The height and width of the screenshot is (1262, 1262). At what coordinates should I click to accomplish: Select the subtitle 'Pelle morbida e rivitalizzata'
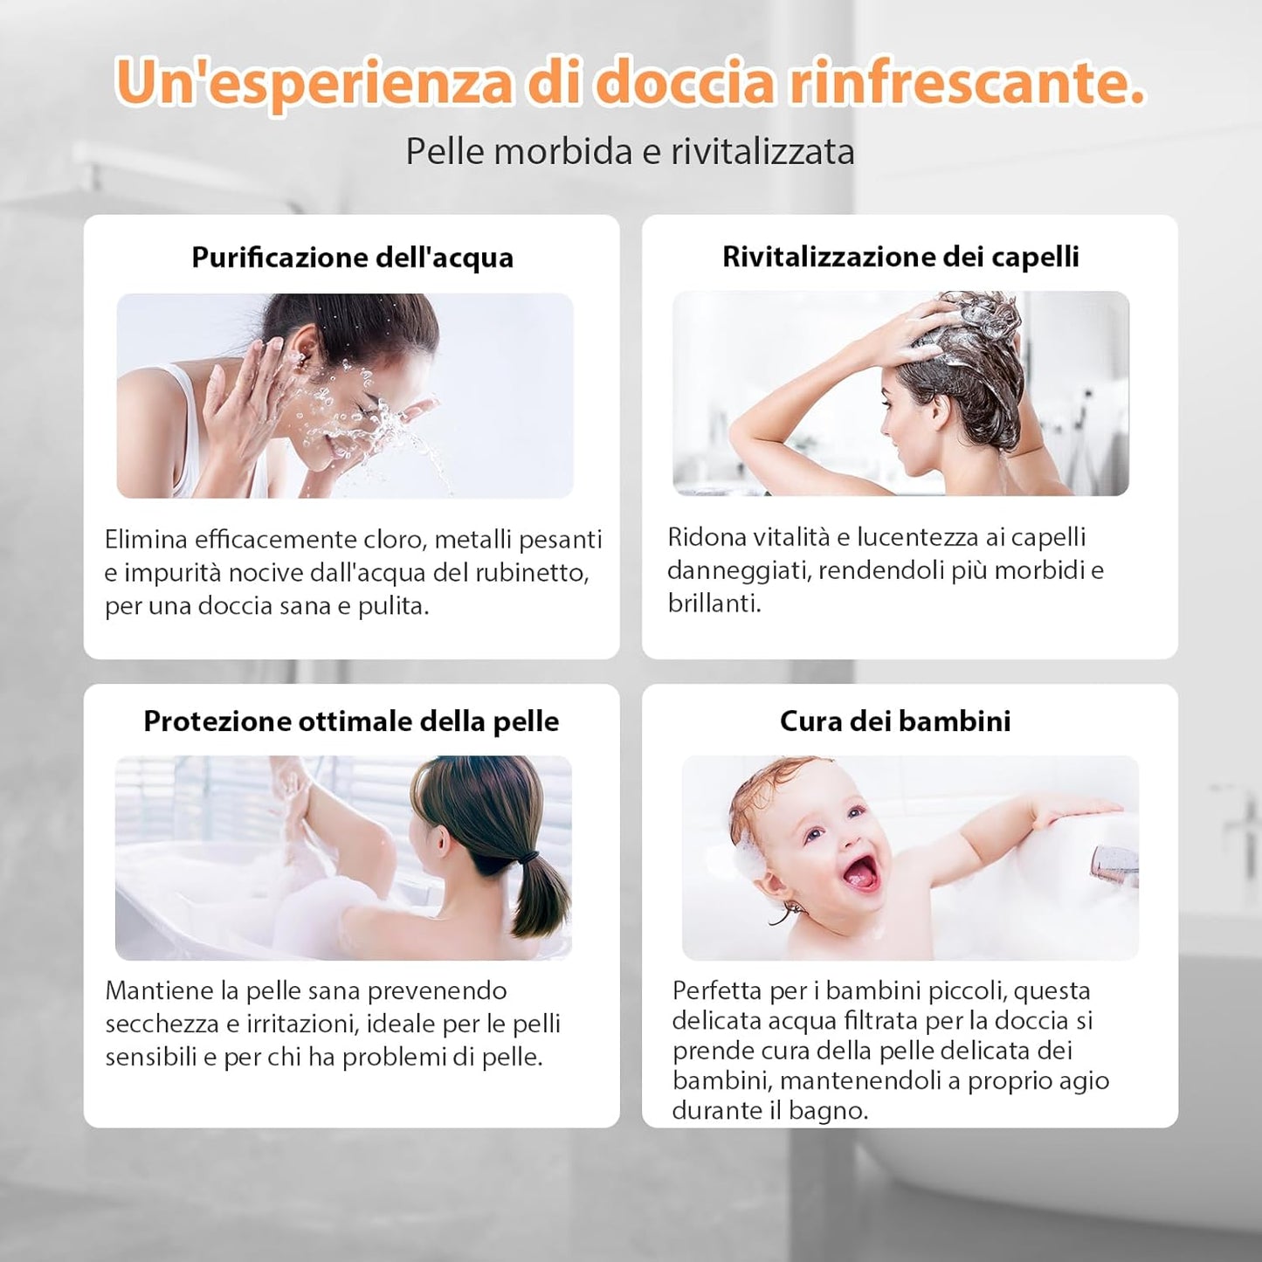pyautogui.click(x=630, y=152)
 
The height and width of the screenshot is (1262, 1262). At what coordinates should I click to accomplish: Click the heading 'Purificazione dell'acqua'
pyautogui.click(x=352, y=258)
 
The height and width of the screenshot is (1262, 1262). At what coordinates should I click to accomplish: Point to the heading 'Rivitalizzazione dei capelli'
pyautogui.click(x=900, y=257)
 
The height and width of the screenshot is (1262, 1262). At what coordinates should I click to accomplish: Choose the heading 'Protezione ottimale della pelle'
pyautogui.click(x=351, y=721)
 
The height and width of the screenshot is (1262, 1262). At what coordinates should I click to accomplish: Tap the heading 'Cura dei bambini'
pyautogui.click(x=895, y=721)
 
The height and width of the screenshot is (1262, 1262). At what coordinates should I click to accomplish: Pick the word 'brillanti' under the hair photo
pyautogui.click(x=714, y=603)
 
